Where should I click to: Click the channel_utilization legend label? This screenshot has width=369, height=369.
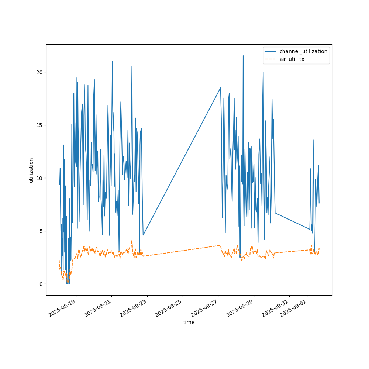303,51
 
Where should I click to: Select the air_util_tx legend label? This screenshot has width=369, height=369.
292,59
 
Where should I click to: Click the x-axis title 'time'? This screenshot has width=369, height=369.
189,322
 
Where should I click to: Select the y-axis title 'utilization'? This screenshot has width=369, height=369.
31,170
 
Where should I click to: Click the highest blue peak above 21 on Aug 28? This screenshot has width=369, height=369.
243,56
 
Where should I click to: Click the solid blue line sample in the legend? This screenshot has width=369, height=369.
271,51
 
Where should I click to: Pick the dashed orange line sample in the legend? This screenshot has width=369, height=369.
271,59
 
